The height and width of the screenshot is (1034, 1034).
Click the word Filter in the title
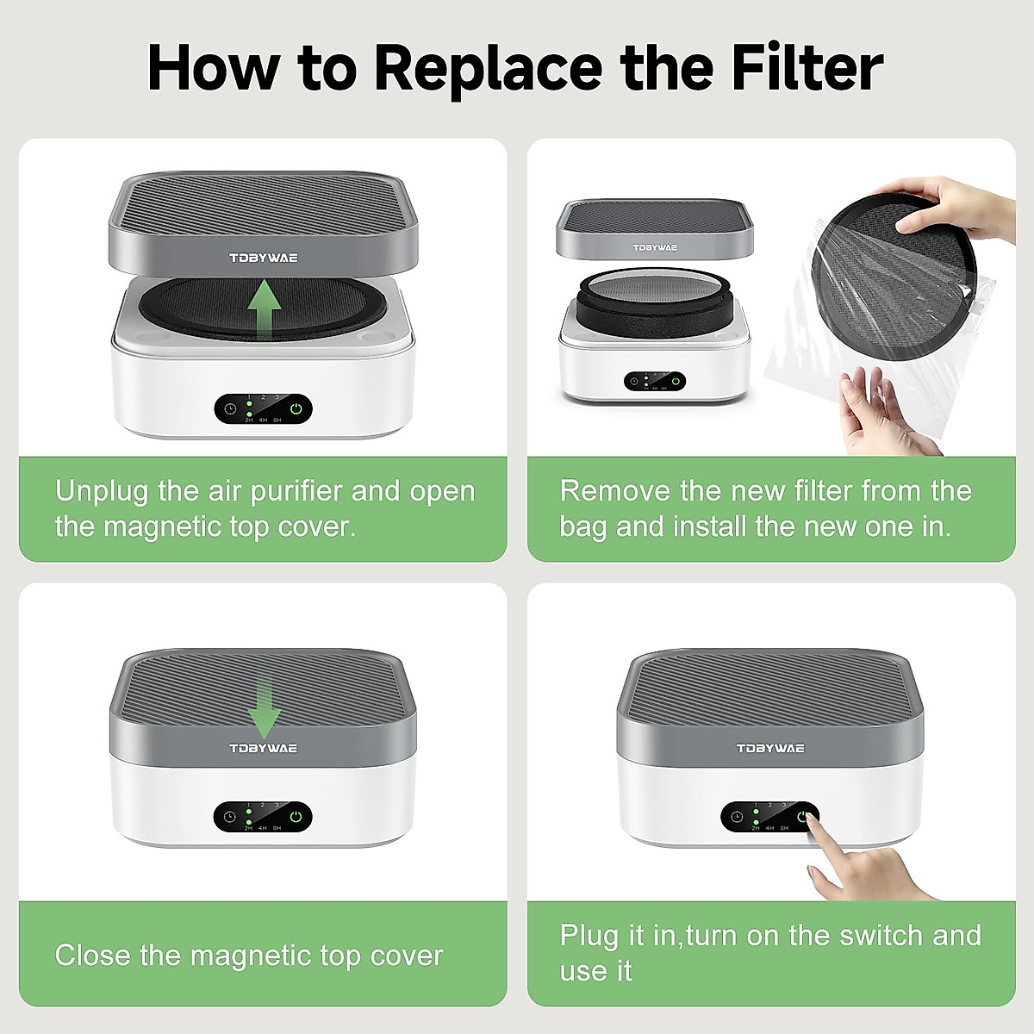807,67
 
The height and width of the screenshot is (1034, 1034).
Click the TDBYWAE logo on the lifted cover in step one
264,258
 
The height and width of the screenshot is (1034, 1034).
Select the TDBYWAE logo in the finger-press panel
770,748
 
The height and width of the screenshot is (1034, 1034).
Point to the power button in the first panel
296,409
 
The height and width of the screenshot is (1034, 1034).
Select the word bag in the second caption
582,526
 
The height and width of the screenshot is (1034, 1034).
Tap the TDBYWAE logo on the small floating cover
655,247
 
